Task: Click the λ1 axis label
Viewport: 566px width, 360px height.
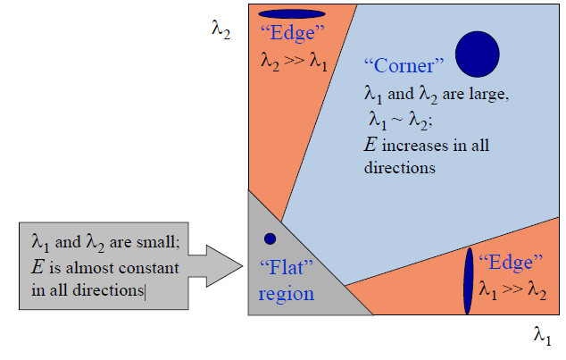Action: point(542,336)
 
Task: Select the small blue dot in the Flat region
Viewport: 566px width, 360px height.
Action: point(270,239)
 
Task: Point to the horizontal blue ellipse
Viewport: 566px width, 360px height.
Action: point(292,14)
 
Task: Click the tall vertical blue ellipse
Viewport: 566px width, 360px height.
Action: point(467,280)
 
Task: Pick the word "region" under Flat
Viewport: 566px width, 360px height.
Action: point(286,294)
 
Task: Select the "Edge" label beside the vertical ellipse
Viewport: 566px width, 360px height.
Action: point(511,263)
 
